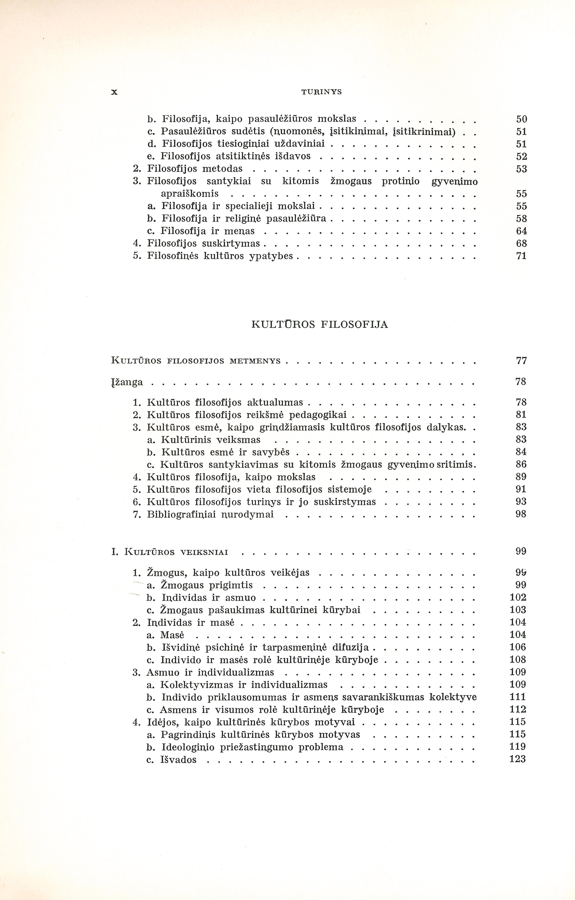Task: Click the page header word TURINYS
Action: pyautogui.click(x=321, y=92)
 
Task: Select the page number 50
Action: pyautogui.click(x=521, y=119)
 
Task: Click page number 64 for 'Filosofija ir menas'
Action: pyautogui.click(x=521, y=231)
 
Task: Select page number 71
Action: pyautogui.click(x=521, y=256)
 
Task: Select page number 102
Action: pyautogui.click(x=518, y=597)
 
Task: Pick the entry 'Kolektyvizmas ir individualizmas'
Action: pyautogui.click(x=244, y=685)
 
